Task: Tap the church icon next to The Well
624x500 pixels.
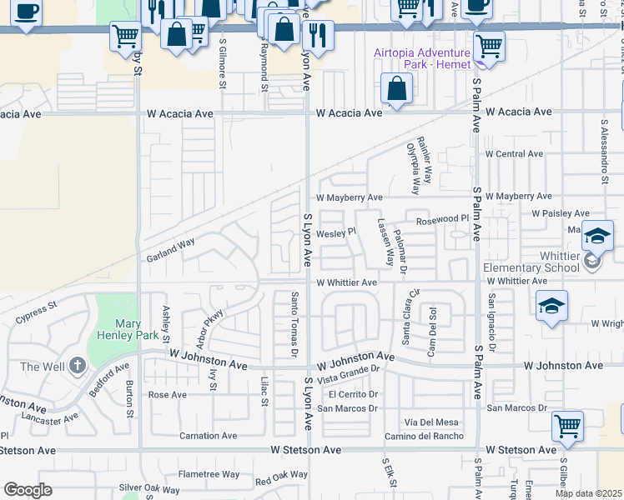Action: tap(78, 365)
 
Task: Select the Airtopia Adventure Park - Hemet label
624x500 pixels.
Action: tap(422, 57)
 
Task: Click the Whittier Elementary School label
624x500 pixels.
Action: tap(531, 261)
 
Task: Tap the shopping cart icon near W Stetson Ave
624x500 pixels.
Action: tap(567, 426)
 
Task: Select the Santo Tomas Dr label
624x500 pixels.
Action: tap(294, 324)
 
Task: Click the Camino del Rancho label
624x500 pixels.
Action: tap(424, 436)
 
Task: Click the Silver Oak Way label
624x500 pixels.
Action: tap(148, 489)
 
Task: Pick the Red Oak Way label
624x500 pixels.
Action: tap(281, 477)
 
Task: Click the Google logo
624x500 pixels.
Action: tap(28, 490)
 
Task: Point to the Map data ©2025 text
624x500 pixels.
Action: tap(589, 493)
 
